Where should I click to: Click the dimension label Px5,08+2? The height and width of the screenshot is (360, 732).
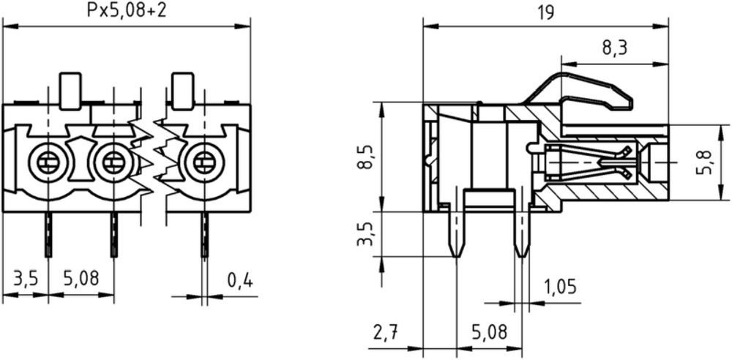[126, 10]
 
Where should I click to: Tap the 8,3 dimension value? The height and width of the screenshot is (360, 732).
[613, 48]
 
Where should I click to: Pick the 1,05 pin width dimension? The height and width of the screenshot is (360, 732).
[560, 287]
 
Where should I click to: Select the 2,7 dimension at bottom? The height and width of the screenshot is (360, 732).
[385, 332]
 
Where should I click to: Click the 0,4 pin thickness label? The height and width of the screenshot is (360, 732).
[240, 280]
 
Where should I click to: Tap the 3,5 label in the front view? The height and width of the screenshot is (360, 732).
[25, 279]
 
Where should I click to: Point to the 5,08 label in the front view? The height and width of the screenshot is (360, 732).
[81, 279]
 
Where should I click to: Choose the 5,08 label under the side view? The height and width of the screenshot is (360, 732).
[489, 332]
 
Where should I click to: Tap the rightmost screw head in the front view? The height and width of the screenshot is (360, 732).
[203, 162]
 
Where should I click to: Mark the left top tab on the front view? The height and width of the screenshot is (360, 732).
[70, 91]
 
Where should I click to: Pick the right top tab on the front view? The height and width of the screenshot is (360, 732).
[182, 91]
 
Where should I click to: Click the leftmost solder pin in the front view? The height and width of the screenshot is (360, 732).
[48, 234]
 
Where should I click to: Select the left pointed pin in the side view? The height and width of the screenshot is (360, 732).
[457, 233]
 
